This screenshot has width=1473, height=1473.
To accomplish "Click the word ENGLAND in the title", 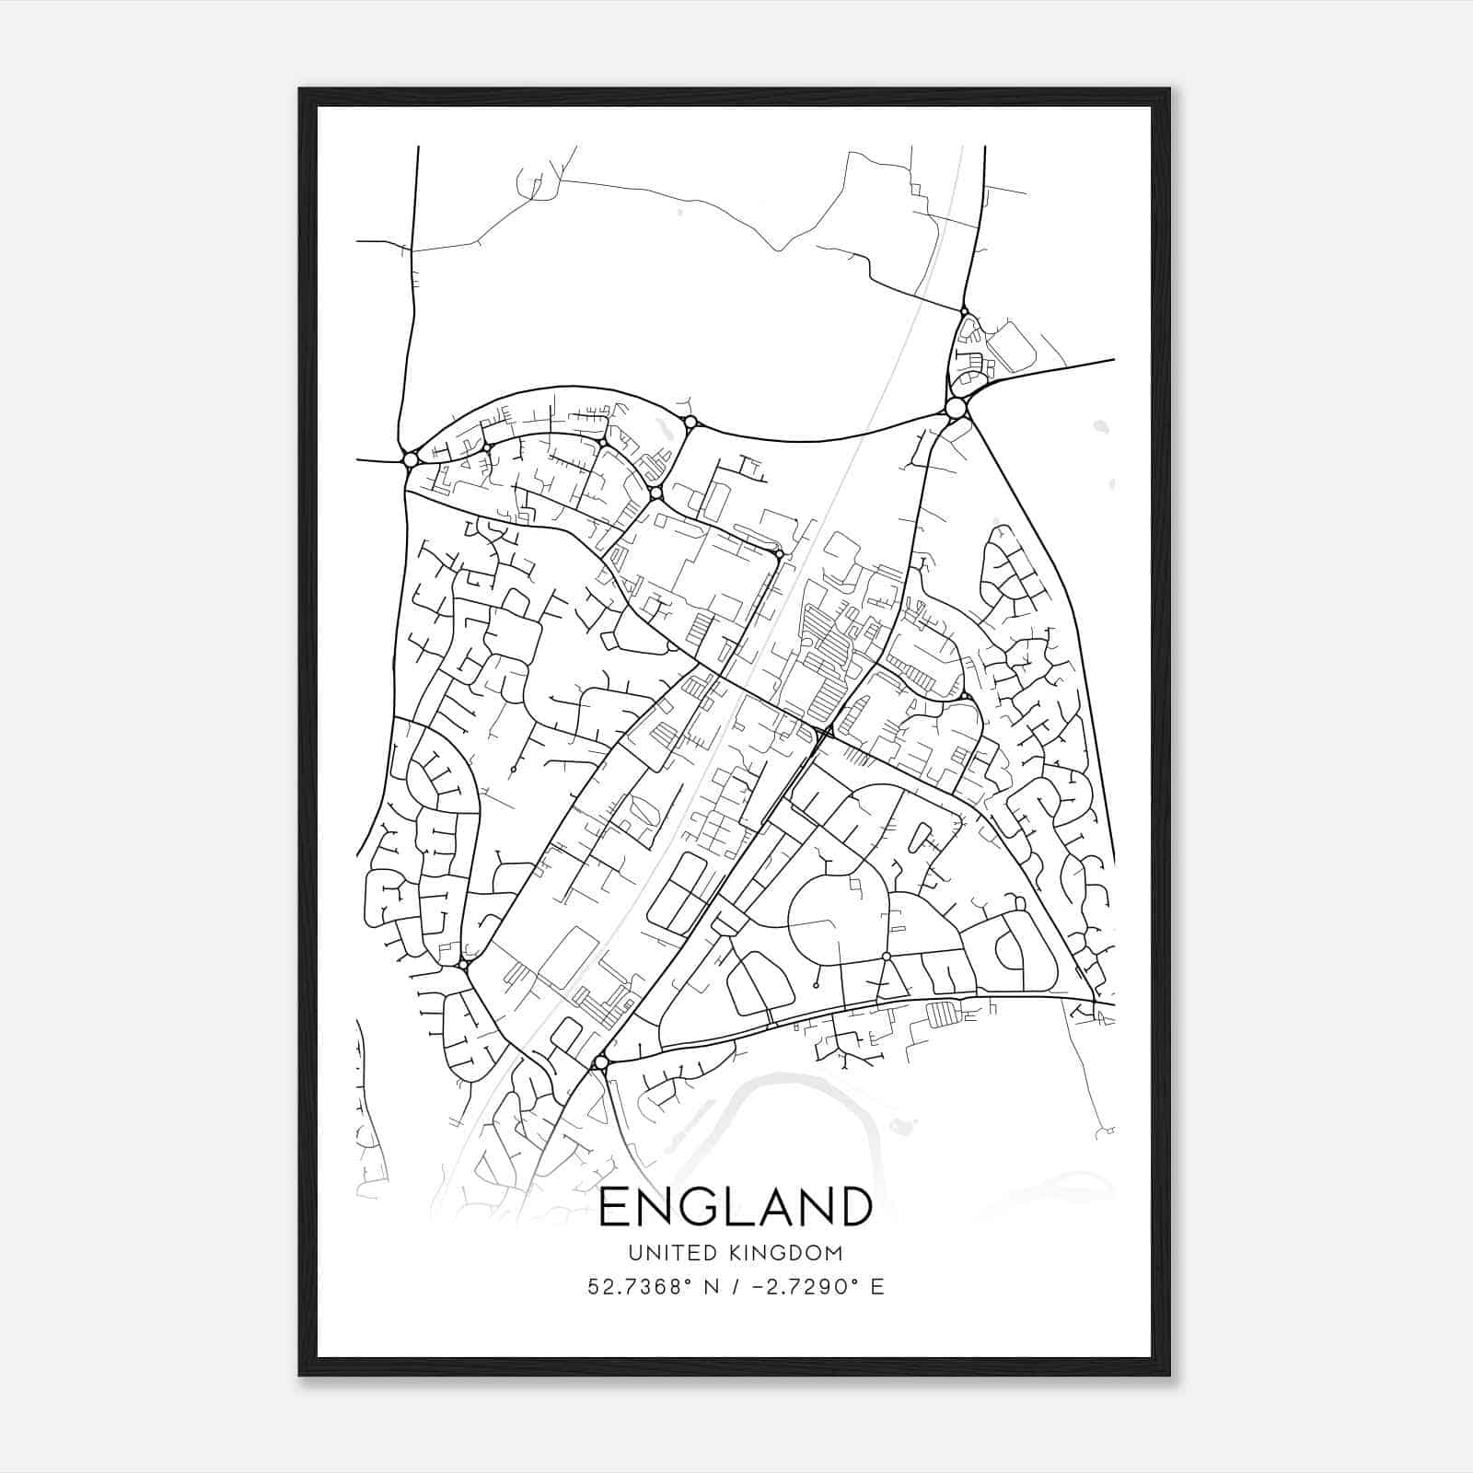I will point(735,1207).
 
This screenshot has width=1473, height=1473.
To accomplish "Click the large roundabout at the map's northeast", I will point(956,408).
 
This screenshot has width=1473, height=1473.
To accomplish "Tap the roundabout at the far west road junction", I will point(411,458).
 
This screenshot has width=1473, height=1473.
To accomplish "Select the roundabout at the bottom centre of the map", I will point(601,1062).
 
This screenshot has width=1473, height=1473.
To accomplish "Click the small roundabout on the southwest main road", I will point(464,964).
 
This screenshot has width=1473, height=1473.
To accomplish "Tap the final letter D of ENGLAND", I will point(854,1207).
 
